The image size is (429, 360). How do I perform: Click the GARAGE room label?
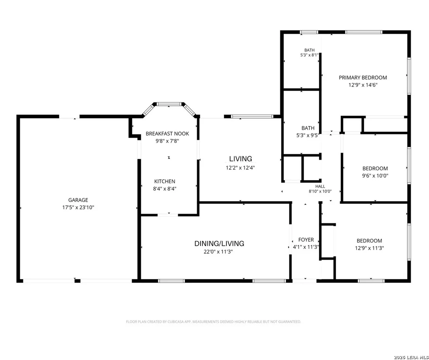(78, 200)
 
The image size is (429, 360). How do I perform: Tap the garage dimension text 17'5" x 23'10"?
(78, 207)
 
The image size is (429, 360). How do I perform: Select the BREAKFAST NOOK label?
(167, 134)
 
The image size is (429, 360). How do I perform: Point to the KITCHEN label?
(165, 181)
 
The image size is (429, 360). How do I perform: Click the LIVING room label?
(240, 159)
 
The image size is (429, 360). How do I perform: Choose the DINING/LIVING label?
(219, 243)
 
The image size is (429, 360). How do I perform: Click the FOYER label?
(306, 240)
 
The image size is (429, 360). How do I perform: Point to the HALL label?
(320, 186)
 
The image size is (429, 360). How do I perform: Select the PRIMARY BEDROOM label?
(363, 78)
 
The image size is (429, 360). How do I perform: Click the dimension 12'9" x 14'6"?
(363, 85)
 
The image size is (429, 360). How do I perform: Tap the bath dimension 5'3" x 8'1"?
(309, 55)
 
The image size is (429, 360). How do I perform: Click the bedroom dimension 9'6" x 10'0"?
(375, 176)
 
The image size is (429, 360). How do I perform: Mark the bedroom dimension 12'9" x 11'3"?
(369, 248)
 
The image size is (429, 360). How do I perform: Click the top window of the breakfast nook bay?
(169, 104)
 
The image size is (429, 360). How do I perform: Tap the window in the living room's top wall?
(252, 116)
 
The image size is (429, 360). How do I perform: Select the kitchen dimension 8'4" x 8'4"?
(165, 189)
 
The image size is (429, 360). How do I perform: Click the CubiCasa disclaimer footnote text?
(213, 322)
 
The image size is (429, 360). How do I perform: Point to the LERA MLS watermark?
(411, 357)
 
